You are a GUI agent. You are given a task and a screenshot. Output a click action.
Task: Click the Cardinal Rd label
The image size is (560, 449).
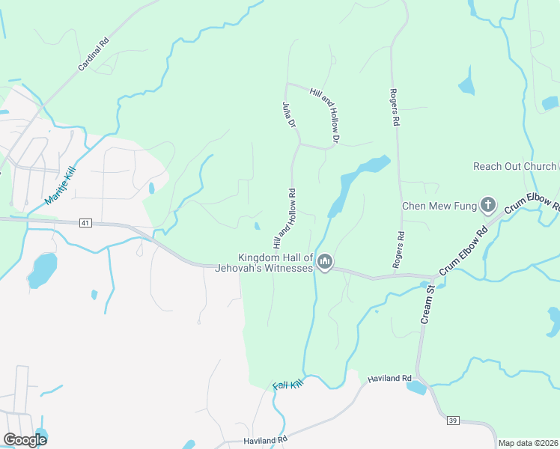(x=94, y=54)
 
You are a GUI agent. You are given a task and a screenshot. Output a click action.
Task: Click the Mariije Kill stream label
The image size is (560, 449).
(x=61, y=186)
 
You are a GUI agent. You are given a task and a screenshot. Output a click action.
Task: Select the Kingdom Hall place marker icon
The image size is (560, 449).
(x=325, y=262)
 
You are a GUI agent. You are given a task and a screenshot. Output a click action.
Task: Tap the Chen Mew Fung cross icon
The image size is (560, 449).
(x=487, y=205)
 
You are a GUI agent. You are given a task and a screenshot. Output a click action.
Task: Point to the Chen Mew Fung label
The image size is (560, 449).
(x=439, y=206)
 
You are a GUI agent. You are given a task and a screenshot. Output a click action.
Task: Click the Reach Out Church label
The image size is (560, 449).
(x=514, y=166)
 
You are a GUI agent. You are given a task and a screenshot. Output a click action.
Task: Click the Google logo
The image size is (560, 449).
(x=25, y=440)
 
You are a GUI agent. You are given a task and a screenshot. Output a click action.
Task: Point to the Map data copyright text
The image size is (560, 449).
(x=528, y=443)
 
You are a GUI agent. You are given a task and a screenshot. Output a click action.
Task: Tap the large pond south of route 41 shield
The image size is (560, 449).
(x=43, y=269)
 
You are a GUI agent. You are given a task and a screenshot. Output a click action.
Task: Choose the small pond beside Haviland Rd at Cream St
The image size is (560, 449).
(x=416, y=387)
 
